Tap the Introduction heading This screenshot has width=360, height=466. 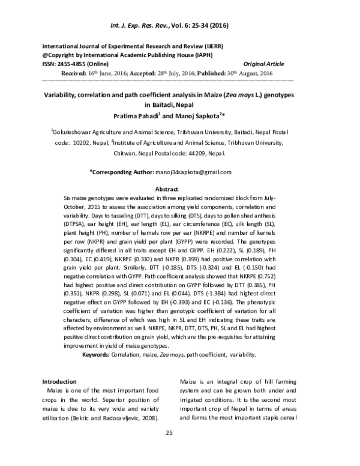coord(59,381)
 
